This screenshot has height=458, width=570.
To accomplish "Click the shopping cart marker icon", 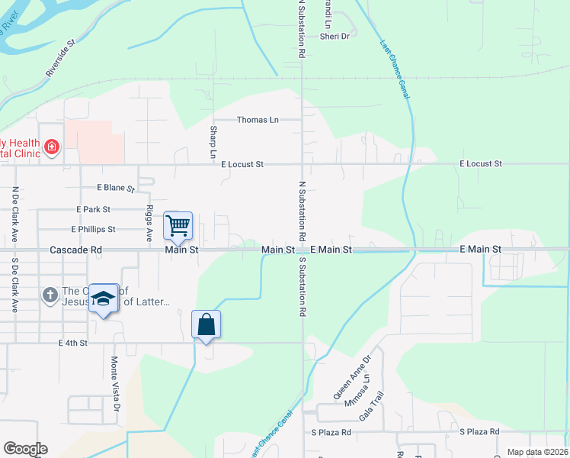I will [178, 225].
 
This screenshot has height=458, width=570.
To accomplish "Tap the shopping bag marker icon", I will [207, 324].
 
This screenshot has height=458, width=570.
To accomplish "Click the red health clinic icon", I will [52, 146].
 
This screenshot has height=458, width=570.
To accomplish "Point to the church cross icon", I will [50, 294].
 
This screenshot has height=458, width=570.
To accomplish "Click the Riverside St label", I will [62, 60].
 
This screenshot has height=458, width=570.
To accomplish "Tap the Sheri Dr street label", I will [335, 36].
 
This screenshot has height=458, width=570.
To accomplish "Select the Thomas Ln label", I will [258, 120].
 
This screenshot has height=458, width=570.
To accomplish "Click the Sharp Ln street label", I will [213, 142].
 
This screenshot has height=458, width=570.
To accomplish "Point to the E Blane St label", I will [115, 188].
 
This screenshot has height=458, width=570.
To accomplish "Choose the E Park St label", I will [94, 209].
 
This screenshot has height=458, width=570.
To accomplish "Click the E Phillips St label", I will [93, 229].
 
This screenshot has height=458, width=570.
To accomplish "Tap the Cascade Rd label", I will [75, 250].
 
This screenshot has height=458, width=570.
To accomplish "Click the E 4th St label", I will [73, 343].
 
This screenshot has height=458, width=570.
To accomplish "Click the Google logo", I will [24, 449].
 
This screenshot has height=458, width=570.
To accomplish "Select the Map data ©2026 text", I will [537, 452].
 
